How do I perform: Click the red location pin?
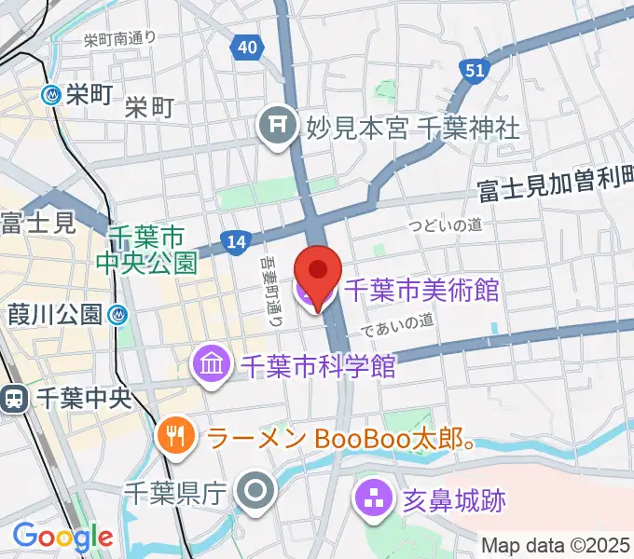click(x=318, y=273)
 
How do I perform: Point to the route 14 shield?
click(x=236, y=243)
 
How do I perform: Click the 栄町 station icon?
click(x=52, y=93)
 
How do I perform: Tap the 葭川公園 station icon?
click(x=117, y=314)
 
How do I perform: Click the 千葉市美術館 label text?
click(x=421, y=290)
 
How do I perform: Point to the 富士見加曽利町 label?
click(x=556, y=190)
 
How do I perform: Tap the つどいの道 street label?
click(x=446, y=225)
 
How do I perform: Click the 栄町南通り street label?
click(x=119, y=39)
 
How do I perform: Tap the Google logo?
click(x=62, y=538)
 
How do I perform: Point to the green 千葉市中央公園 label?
click(x=147, y=249)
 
